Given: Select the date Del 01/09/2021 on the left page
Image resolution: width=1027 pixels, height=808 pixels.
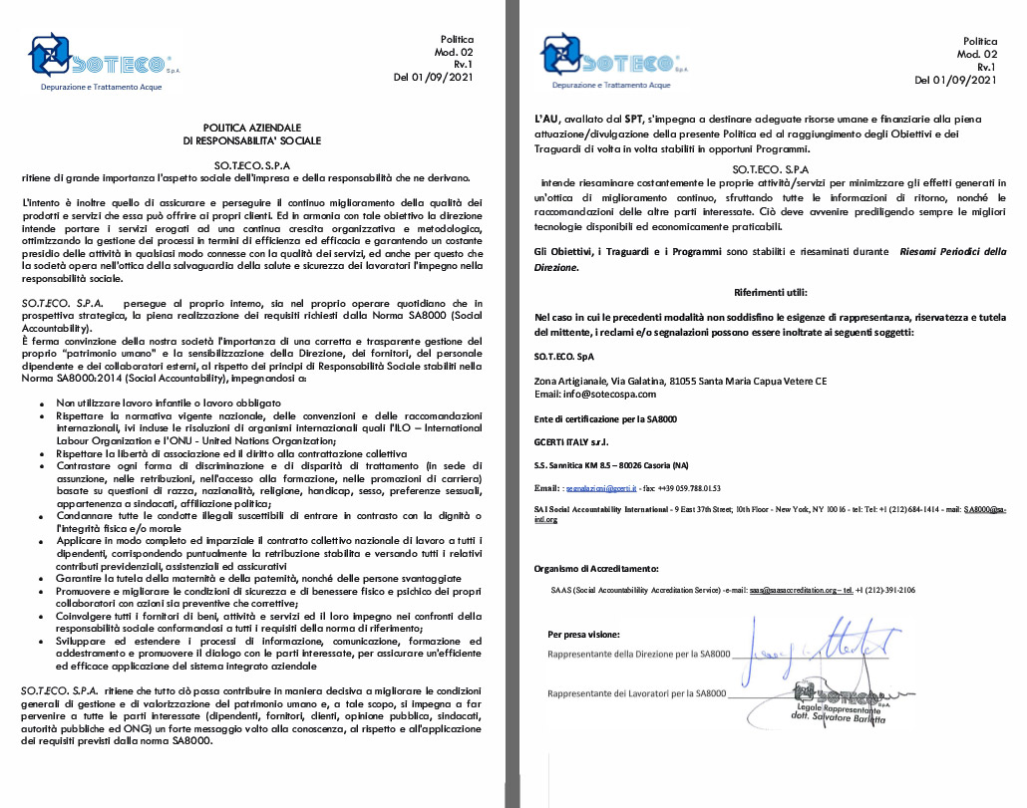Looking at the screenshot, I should (x=433, y=77).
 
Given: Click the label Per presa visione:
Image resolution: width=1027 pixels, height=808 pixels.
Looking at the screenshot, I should (x=583, y=634).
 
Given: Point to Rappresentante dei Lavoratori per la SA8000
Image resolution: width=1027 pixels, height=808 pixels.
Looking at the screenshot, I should (x=639, y=692).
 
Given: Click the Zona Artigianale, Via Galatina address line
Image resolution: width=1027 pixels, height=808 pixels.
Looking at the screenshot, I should (x=681, y=382).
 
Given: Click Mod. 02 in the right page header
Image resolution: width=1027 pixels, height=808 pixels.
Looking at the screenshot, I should (x=977, y=54).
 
